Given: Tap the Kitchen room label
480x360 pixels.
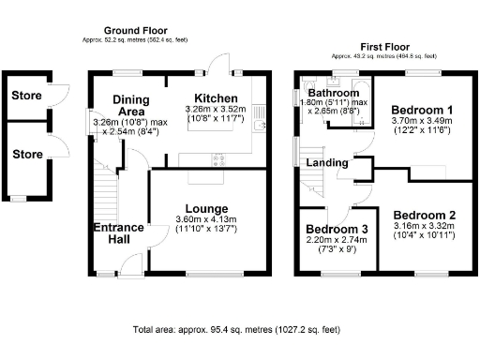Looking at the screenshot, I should [x=216, y=98].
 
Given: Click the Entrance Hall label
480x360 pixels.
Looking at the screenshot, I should [x=118, y=233].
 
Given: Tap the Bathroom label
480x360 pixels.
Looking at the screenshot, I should [x=336, y=94].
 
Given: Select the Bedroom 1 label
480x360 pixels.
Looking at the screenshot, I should [x=421, y=110].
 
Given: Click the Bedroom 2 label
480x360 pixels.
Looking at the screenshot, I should [x=424, y=214].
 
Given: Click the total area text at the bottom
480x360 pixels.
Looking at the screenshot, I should [x=235, y=330].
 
